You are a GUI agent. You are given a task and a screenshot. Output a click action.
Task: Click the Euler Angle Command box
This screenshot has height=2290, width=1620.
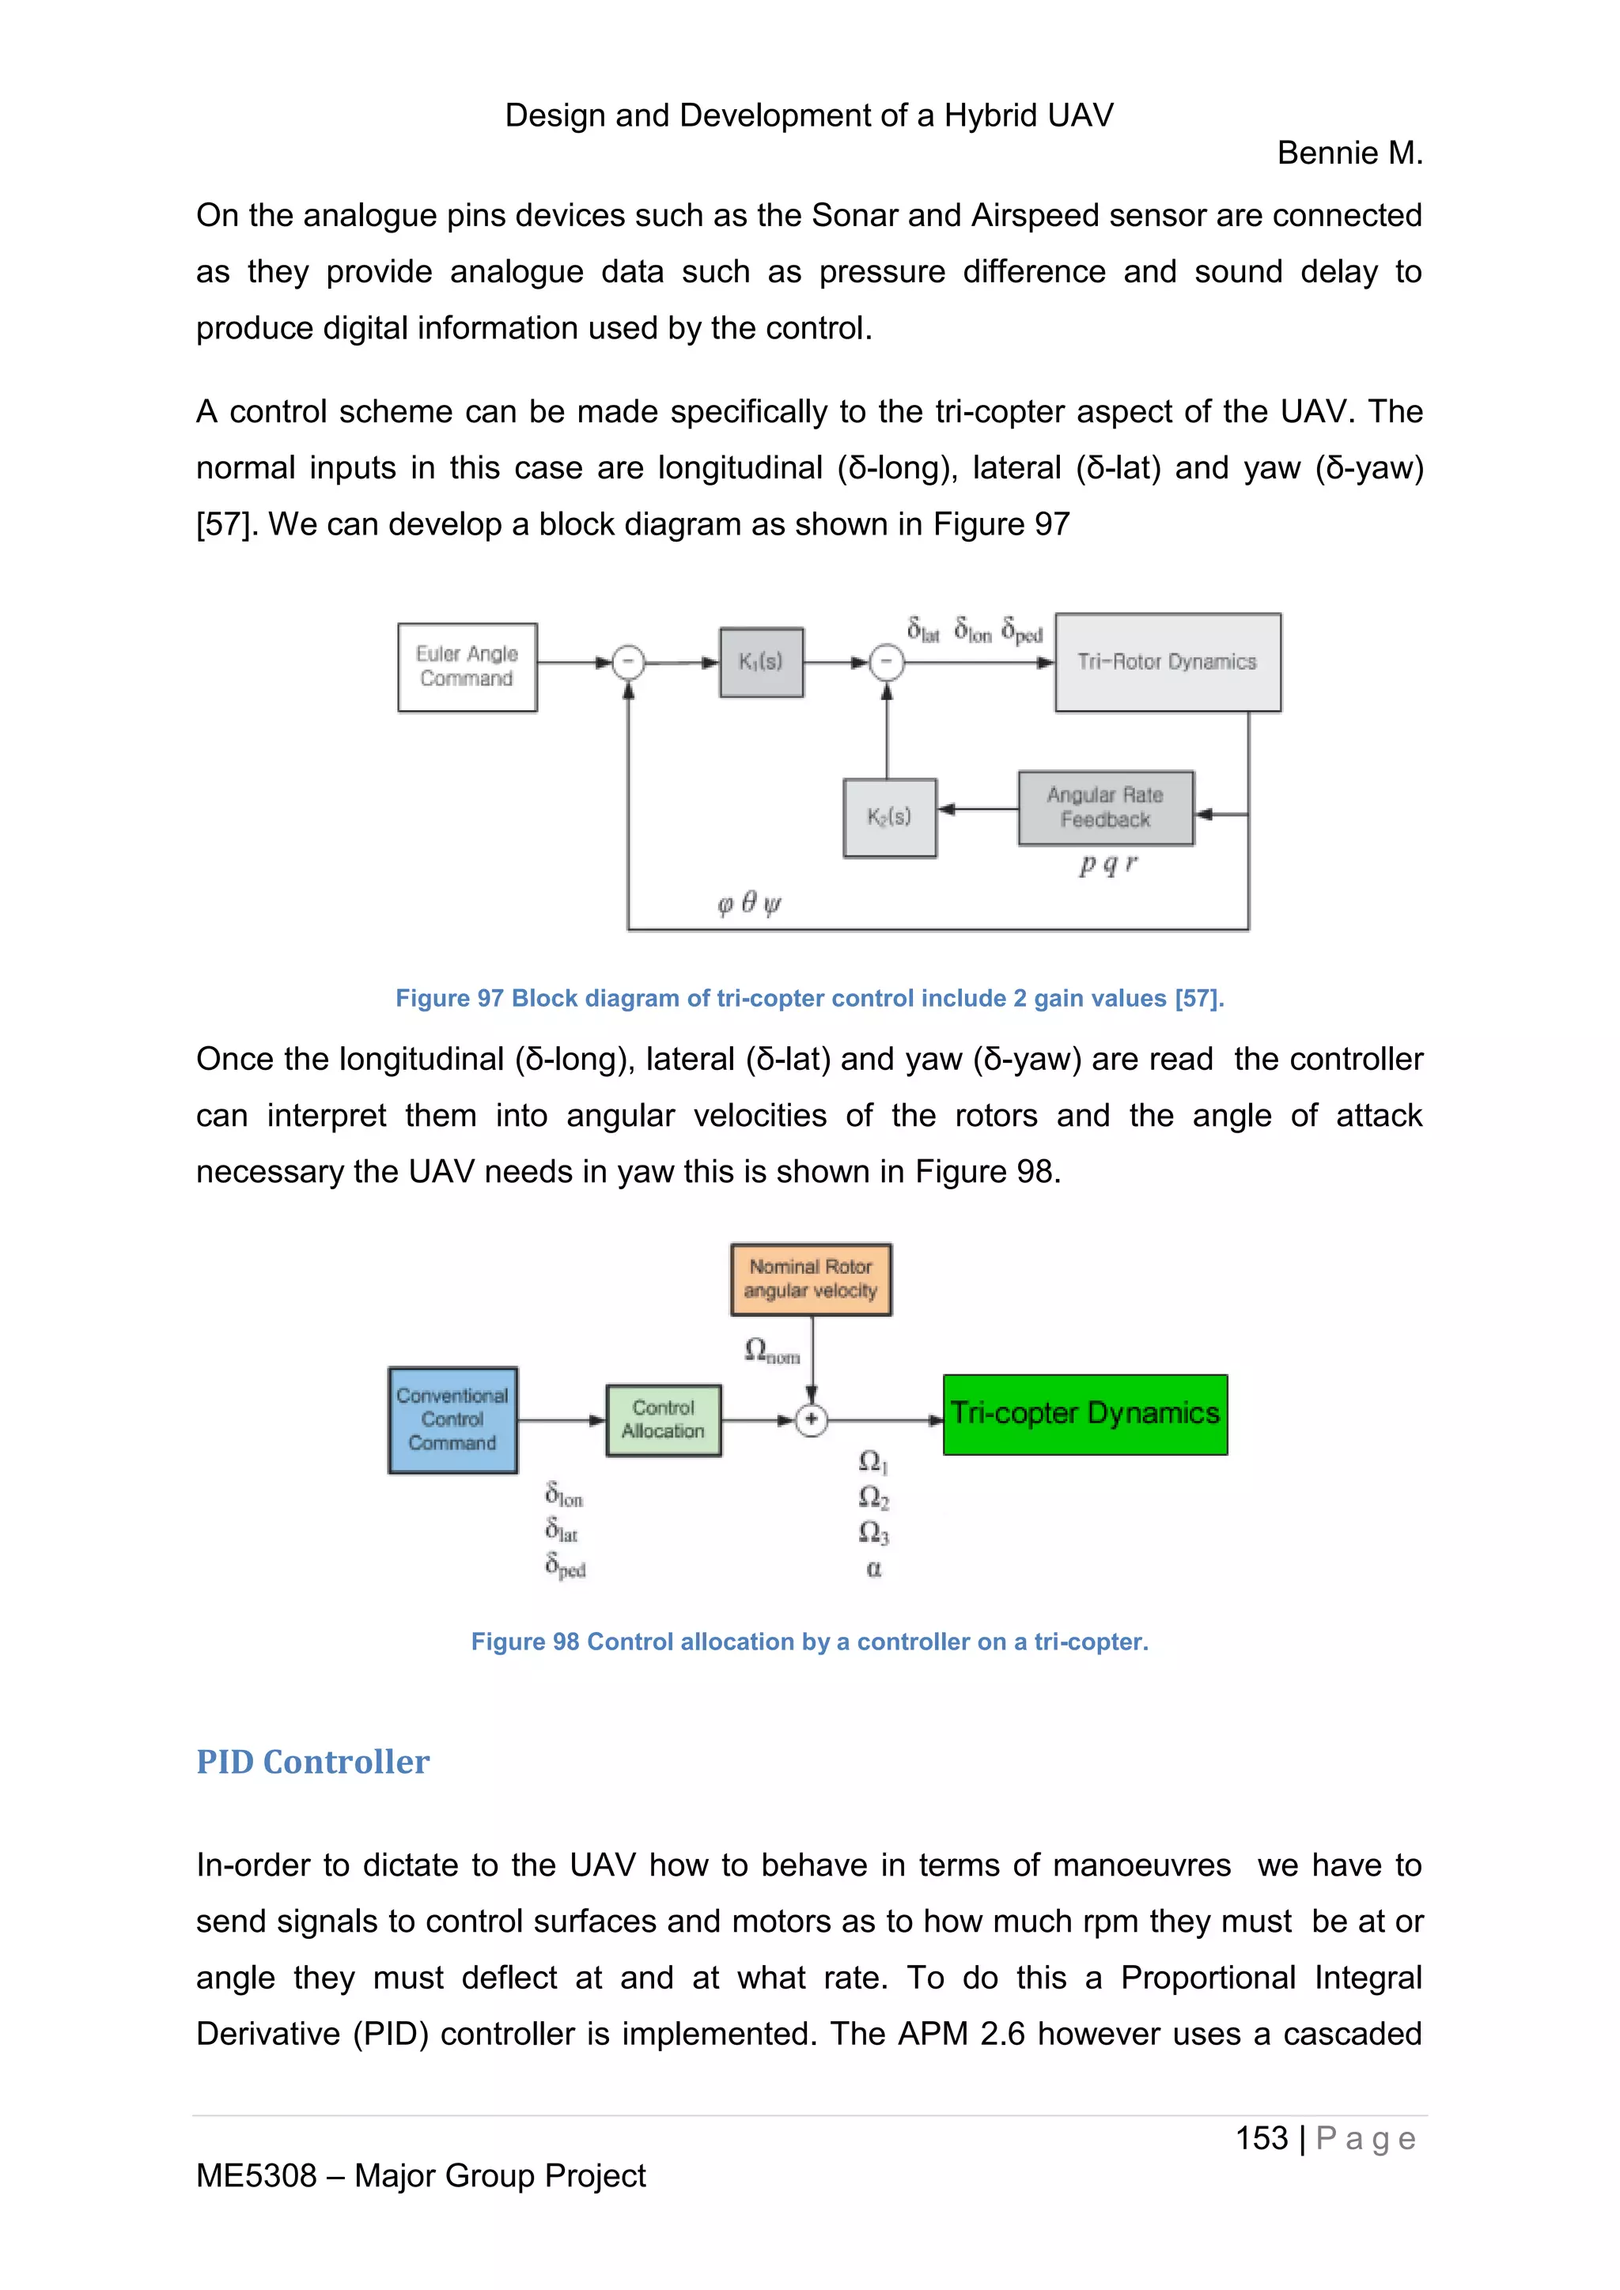tap(467, 667)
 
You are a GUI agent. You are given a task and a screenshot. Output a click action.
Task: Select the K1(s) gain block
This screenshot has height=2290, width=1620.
tap(761, 661)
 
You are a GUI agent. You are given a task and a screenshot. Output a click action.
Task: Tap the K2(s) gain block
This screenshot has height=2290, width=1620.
tap(889, 817)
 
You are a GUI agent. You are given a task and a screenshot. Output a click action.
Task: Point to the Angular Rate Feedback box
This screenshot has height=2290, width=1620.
tap(1105, 807)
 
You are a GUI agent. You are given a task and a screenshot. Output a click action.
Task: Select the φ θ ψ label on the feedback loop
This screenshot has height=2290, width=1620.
tap(749, 904)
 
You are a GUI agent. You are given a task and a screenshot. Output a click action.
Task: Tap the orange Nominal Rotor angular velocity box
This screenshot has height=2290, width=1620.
tap(810, 1279)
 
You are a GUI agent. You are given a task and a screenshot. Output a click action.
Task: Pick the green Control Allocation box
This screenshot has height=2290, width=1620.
tap(664, 1419)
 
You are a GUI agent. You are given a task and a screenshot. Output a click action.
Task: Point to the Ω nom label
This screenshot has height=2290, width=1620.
tap(772, 1351)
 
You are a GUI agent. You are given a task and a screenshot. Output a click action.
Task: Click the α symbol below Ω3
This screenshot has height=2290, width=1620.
tap(874, 1569)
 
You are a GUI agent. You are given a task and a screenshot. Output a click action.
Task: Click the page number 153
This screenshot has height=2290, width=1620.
tap(1261, 2137)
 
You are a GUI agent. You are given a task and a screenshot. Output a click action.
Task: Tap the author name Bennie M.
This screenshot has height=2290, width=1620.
tap(1349, 153)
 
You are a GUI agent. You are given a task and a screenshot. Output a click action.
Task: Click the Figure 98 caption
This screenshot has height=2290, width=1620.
tap(809, 1642)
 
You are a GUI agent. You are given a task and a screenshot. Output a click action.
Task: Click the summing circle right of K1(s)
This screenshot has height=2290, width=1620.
tap(887, 663)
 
